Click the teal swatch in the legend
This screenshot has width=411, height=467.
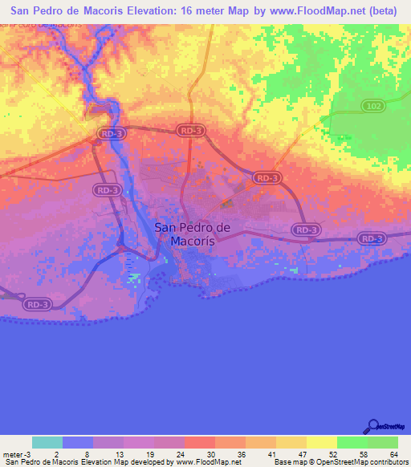(47, 442)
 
